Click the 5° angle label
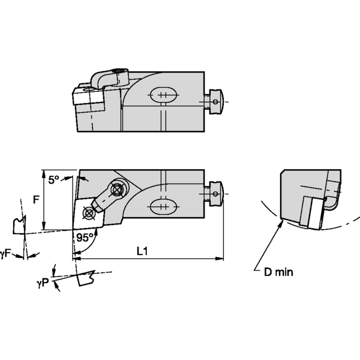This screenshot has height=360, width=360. pos(54,179)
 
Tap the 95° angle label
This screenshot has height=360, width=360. pos(84,238)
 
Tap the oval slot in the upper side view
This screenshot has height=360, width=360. pos(161,96)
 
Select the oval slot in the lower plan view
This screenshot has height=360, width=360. pos(161,206)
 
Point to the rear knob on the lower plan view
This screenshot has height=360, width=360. pos(216,193)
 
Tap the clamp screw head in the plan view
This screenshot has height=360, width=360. pos(117,190)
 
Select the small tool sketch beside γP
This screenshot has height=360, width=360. pos(87,278)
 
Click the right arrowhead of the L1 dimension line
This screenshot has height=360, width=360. pos(220,259)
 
